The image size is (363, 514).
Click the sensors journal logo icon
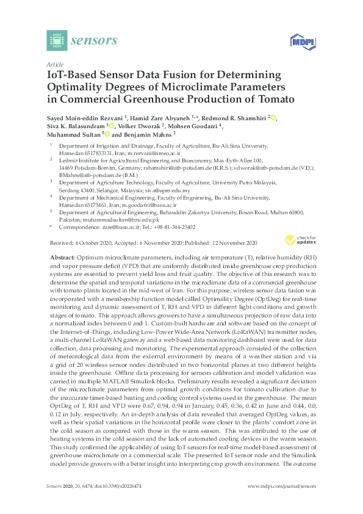56,40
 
